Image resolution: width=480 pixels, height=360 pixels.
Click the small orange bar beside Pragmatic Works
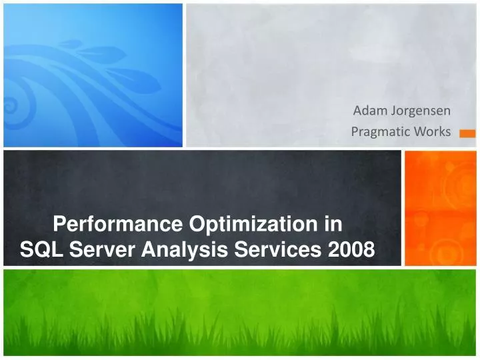coord(468,134)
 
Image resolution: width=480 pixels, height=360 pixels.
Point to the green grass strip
coord(240,313)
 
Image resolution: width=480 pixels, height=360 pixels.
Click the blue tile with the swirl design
coord(93,74)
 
